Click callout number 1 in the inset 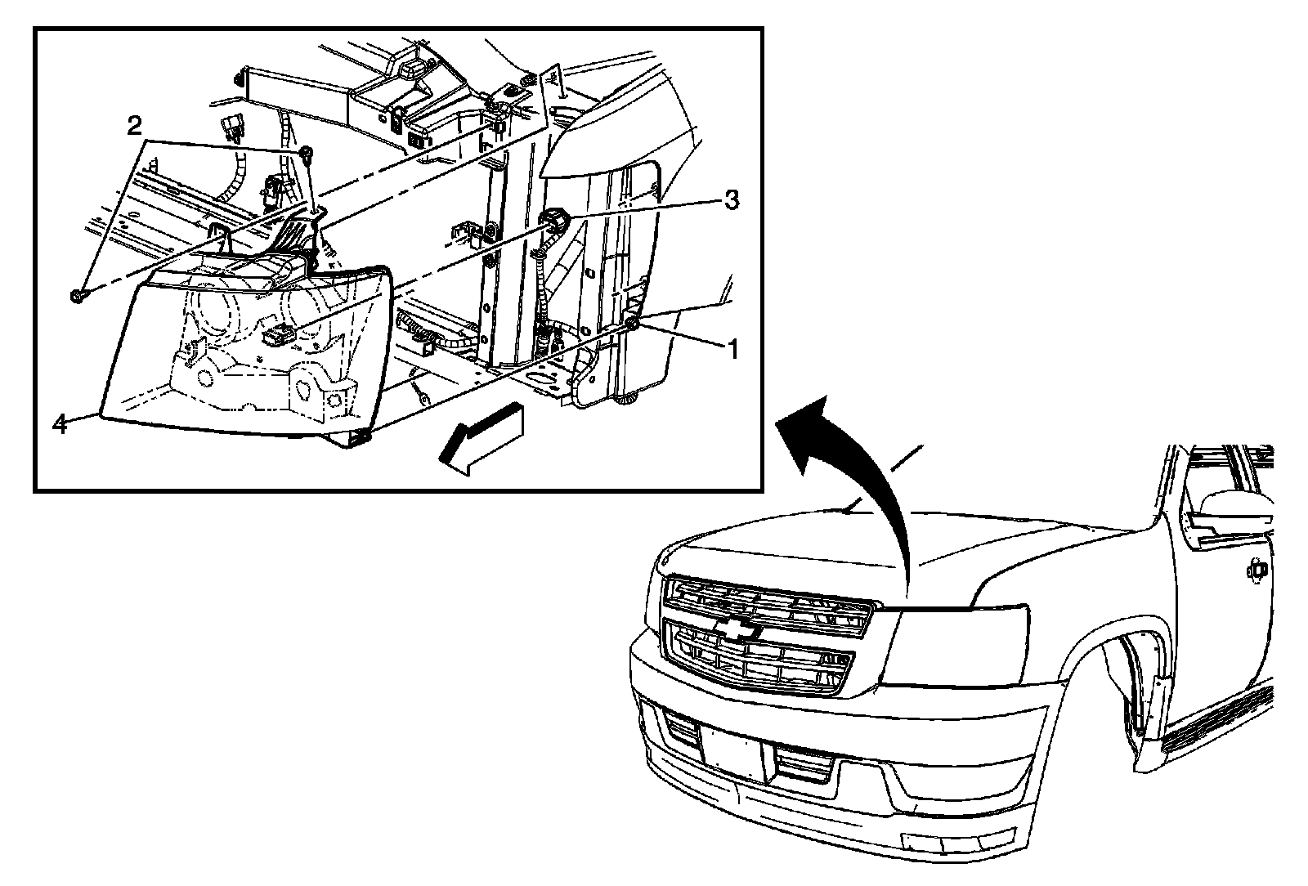click(732, 350)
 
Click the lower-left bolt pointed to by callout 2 click(77, 295)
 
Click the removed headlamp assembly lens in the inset click(245, 351)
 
